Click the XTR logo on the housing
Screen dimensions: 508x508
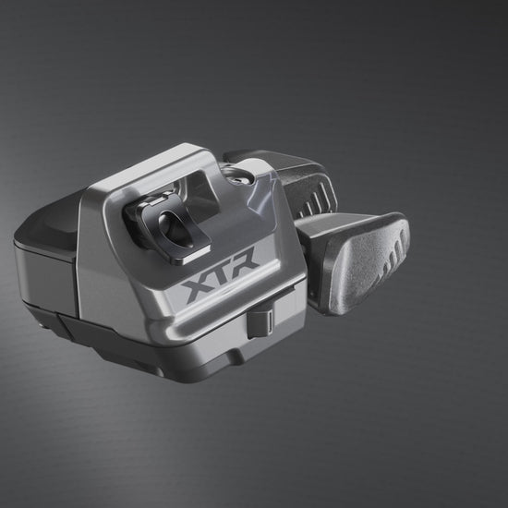tap(221, 274)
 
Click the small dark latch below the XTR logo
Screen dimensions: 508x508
tap(260, 323)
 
